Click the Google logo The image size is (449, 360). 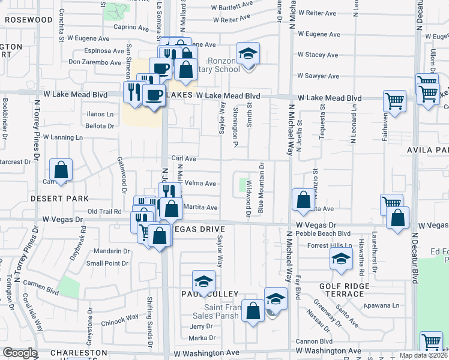coord(19,353)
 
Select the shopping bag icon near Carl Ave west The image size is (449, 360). coord(61,171)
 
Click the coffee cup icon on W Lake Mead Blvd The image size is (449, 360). coord(154,95)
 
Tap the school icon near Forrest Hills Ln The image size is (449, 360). coord(340,259)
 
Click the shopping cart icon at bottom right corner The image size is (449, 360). coord(431,343)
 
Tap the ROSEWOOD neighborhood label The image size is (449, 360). coord(29,19)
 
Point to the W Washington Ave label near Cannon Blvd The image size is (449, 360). coord(328,350)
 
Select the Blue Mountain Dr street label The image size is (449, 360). coord(261,187)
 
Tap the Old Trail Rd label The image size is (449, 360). coord(104,211)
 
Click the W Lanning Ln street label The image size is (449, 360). coord(62,137)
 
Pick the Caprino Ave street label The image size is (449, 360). coord(131,27)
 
